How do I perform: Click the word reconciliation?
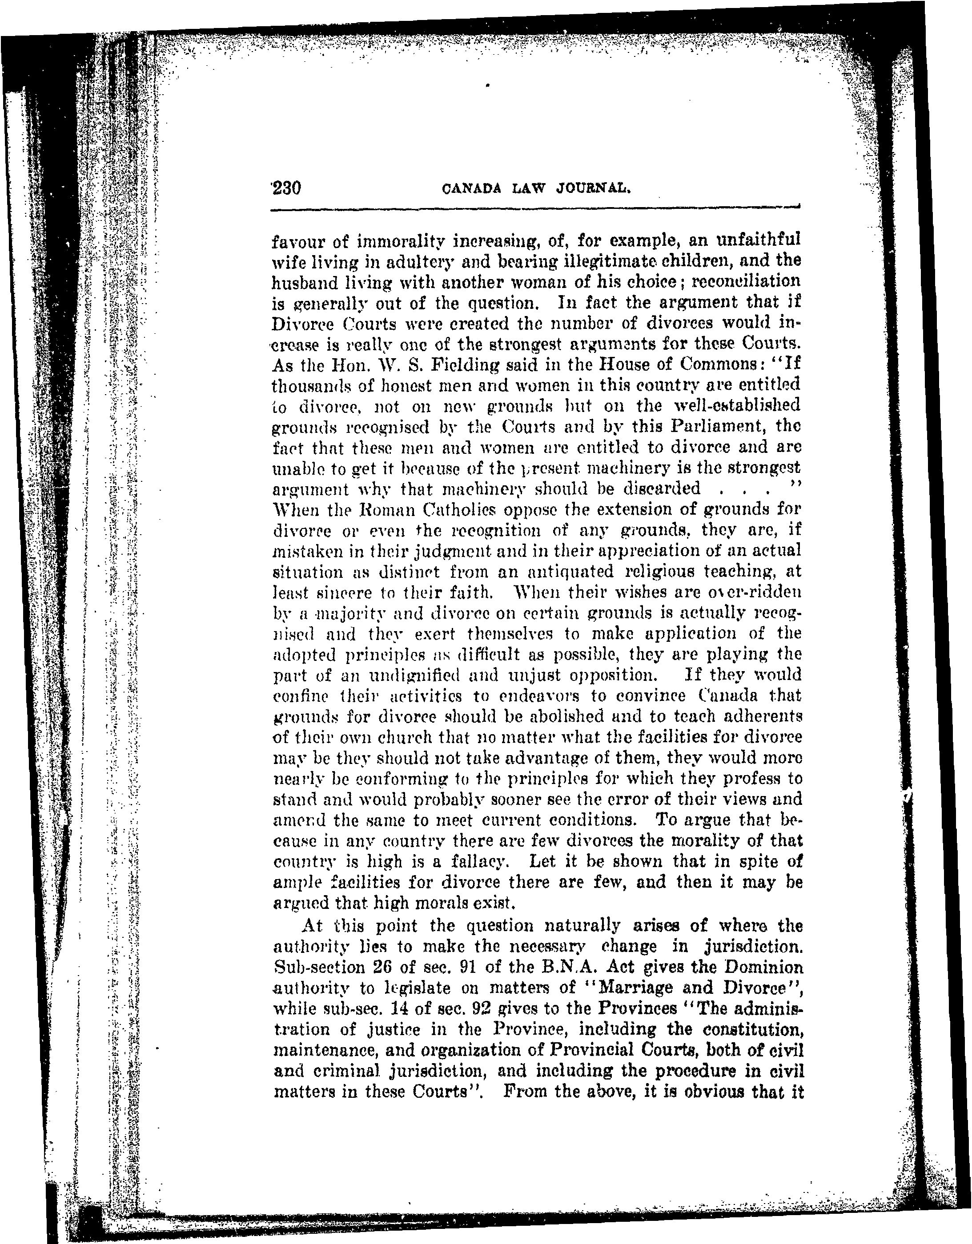click(741, 282)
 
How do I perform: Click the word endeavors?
click(539, 696)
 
